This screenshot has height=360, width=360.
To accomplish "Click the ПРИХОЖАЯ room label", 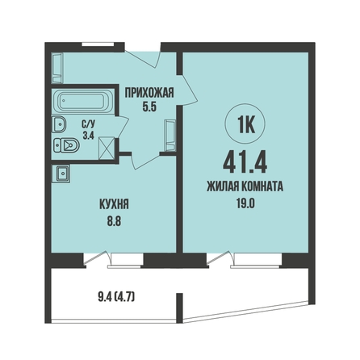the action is point(149,93).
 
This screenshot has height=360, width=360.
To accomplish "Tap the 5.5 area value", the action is point(149,107).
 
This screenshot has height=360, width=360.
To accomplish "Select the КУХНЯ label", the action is point(114,204).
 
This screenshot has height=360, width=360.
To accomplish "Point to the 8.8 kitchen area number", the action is point(114,222).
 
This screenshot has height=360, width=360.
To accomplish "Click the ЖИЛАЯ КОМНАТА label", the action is point(245,186).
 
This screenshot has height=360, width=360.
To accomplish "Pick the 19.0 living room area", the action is point(245,204).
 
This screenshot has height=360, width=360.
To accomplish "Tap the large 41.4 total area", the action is point(245,162).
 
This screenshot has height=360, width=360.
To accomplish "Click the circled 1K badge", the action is point(245,123).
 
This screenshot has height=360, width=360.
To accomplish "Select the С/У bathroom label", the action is point(88,124).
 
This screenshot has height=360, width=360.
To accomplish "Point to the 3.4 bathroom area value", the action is point(88,136).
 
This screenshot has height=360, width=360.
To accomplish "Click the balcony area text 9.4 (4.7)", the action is point(116,298).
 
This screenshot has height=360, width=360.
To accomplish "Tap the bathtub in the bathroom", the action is point(83,101).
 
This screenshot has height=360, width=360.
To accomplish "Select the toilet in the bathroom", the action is point(66,145).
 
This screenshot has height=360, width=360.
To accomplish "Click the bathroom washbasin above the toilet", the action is point(59,124).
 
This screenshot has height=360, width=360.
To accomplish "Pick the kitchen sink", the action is point(63,174).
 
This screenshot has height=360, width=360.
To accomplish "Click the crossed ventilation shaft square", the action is point(107,148).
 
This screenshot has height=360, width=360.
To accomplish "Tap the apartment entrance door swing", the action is point(143,59).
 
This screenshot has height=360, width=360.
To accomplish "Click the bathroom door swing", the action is point(122,128).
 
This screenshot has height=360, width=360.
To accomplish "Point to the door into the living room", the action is point(189,90).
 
